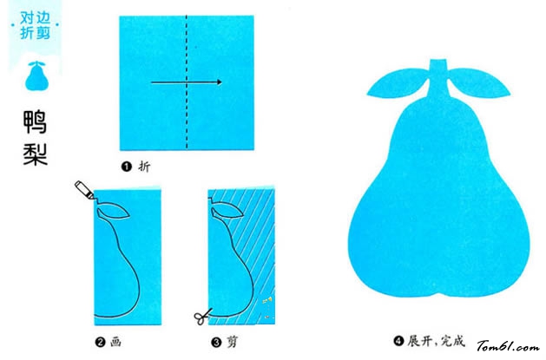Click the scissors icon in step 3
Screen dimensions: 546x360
(202, 316)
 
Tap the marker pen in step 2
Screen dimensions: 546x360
(84, 190)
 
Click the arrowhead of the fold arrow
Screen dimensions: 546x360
(219, 82)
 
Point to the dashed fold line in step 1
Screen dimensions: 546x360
(187, 82)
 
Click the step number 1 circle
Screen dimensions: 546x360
(126, 167)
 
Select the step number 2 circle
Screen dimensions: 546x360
(100, 343)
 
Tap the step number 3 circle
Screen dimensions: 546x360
(216, 343)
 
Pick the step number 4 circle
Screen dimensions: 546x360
(398, 341)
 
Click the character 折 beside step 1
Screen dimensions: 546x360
(144, 167)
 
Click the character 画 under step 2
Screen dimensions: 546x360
(116, 342)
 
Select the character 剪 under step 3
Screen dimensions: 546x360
(233, 342)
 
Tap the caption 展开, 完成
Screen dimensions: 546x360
(437, 341)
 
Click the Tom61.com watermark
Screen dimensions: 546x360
(508, 346)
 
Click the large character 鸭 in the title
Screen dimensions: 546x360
(35, 121)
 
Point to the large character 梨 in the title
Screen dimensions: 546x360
(36, 154)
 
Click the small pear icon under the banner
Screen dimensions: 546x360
(36, 75)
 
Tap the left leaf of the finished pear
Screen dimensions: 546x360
(398, 82)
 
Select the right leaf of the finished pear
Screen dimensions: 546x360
(479, 82)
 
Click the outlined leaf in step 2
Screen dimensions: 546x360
(113, 212)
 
